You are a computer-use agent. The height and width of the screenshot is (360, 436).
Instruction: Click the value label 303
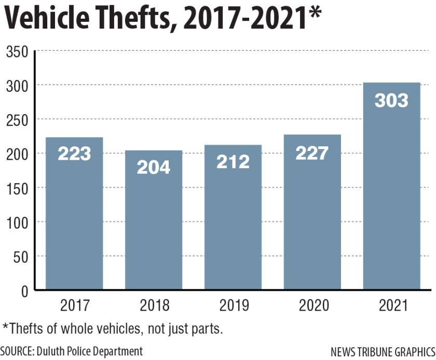click(x=391, y=100)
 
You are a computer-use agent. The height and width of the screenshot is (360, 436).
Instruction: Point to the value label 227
click(x=312, y=153)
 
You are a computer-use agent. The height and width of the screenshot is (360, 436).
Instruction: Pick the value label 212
click(x=233, y=161)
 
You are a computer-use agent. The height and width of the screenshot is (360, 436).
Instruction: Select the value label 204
click(x=154, y=167)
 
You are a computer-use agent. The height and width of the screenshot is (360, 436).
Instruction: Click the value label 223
click(x=74, y=154)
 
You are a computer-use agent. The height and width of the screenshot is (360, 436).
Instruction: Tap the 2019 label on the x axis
click(x=233, y=306)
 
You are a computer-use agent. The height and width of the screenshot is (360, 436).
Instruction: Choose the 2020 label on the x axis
click(x=312, y=306)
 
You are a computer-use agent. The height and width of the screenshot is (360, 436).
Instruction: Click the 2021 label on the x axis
click(x=391, y=306)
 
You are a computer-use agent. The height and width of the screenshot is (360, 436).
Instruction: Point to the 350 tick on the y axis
click(x=17, y=51)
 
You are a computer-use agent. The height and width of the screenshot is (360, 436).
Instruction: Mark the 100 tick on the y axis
click(x=17, y=223)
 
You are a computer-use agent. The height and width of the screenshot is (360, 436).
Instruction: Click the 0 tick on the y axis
click(x=24, y=291)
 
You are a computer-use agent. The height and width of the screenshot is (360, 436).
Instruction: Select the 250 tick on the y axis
click(x=17, y=120)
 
